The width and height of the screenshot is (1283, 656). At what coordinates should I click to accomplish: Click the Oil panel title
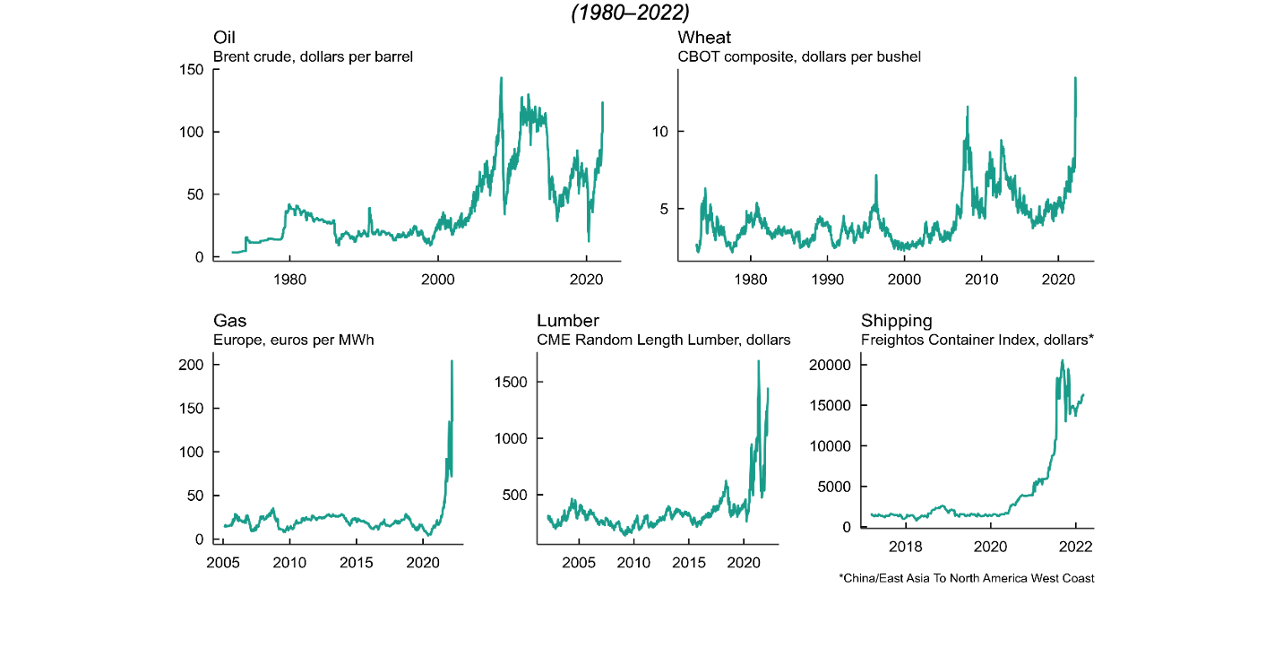point(224,38)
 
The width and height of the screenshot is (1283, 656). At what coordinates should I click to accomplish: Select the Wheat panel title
point(704,38)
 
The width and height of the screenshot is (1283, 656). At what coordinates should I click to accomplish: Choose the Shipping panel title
point(896,321)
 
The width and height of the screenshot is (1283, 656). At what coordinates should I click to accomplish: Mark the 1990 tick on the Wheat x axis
point(827,280)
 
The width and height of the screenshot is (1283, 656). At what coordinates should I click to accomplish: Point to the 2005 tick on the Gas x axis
point(223,562)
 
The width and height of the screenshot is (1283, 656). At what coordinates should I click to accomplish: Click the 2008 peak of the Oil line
point(501,77)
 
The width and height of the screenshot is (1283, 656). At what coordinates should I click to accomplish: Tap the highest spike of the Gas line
point(452,361)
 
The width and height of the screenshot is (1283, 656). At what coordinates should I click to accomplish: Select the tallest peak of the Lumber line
point(759,361)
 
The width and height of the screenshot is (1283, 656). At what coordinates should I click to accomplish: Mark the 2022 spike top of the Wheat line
point(1075,78)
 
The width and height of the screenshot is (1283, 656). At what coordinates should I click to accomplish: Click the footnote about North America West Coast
point(966,578)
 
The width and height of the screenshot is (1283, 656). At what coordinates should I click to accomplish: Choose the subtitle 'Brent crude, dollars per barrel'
point(313,57)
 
